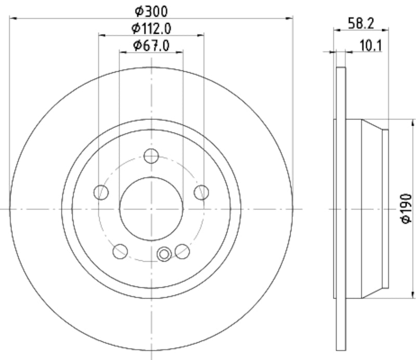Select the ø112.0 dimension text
pyautogui.click(x=151, y=28)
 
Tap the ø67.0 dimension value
pyautogui.click(x=151, y=45)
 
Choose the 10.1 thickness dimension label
pyautogui.click(x=370, y=46)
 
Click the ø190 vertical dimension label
pyautogui.click(x=406, y=209)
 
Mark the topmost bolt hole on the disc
pyautogui.click(x=151, y=156)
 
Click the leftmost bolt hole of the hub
pyautogui.click(x=101, y=193)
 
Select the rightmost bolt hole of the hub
pyautogui.click(x=201, y=193)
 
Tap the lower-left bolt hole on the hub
pyautogui.click(x=120, y=251)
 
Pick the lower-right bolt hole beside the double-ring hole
pyautogui.click(x=182, y=251)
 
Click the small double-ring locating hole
pyautogui.click(x=164, y=254)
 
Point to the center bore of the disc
pyautogui.click(x=151, y=208)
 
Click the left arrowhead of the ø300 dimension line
pyautogui.click(x=13, y=18)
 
